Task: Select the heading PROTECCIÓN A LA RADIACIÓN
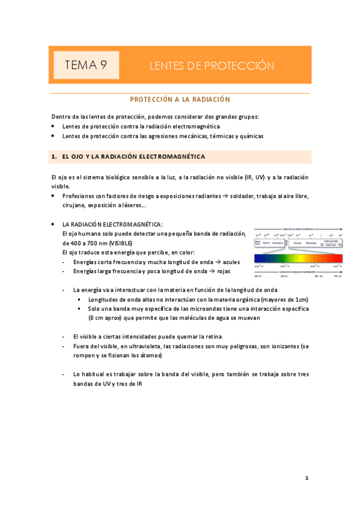tap(180, 99)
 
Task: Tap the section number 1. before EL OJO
tap(55, 157)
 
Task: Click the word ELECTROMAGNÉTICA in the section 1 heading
tap(172, 157)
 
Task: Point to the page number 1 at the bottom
tap(307, 478)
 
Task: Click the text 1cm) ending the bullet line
tap(302, 299)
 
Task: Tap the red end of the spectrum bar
tap(338, 258)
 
